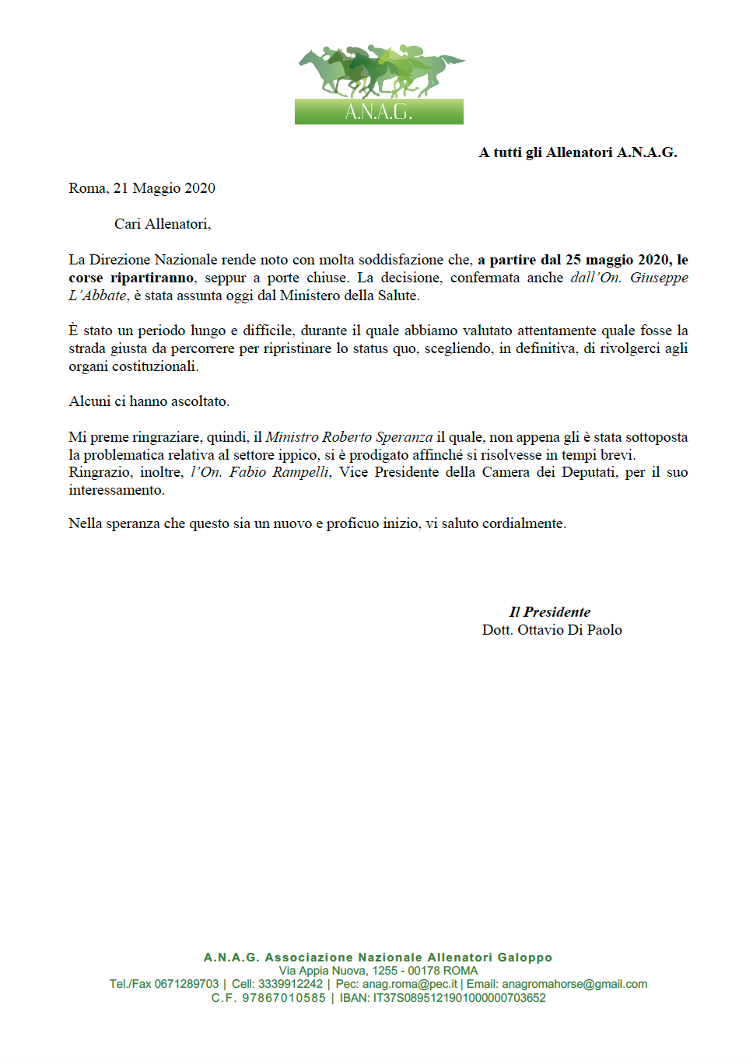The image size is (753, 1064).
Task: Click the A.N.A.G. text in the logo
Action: (x=379, y=112)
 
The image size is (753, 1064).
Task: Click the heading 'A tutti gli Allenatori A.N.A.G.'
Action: (x=577, y=152)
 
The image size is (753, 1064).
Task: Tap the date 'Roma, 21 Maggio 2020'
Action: (x=142, y=188)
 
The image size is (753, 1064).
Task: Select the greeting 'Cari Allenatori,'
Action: (x=163, y=224)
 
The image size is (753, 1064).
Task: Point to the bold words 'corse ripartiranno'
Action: (x=131, y=278)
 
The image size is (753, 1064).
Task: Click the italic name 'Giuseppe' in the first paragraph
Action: (x=659, y=278)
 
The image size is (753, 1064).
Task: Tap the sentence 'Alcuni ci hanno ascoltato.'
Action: (x=149, y=401)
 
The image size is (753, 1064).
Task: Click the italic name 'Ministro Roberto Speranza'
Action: (x=349, y=437)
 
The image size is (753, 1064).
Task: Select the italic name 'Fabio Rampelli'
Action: (x=279, y=472)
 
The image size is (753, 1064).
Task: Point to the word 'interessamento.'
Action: (x=117, y=490)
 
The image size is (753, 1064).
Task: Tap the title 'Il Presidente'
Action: (x=550, y=612)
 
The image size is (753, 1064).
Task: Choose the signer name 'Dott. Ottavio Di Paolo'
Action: (x=552, y=630)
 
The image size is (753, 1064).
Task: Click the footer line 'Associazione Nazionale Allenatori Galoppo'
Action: (x=408, y=957)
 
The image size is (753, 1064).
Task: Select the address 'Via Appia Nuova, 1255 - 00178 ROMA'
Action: (x=378, y=971)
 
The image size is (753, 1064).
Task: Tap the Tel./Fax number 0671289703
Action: (x=187, y=984)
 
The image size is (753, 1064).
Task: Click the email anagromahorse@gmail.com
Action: (x=574, y=984)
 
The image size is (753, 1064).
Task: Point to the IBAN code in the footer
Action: (x=459, y=998)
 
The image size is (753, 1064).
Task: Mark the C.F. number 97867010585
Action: (x=284, y=998)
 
